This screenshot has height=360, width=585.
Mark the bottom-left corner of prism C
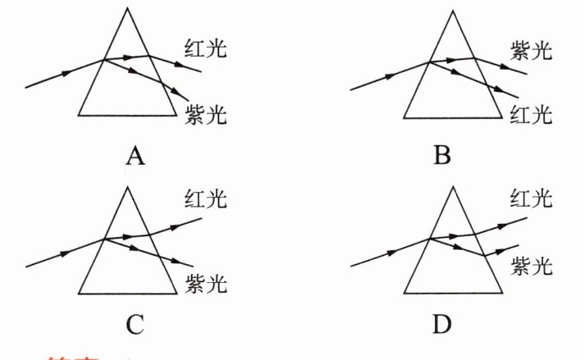pos(79,294)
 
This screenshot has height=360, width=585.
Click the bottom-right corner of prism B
pos(501,115)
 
